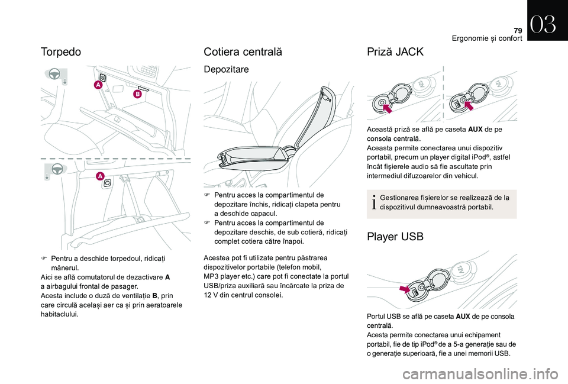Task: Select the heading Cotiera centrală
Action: (x=243, y=51)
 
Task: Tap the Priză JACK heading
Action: (x=395, y=51)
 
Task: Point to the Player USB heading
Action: (x=395, y=237)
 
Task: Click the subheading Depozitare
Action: (x=226, y=70)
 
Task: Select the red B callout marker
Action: (x=137, y=93)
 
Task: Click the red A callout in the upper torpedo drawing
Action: (x=97, y=86)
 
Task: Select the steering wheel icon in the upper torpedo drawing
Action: (x=54, y=75)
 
